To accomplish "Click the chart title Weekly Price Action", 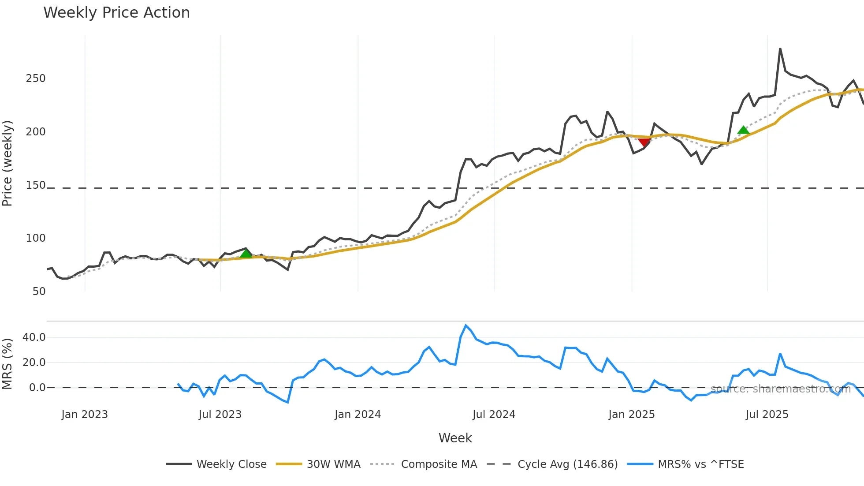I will (x=116, y=13).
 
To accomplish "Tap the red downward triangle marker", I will (x=644, y=142).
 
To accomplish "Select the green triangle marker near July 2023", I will (x=246, y=253).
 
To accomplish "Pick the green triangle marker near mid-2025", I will (x=743, y=130).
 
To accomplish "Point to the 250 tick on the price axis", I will (x=36, y=79).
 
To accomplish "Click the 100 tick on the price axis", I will (x=36, y=238).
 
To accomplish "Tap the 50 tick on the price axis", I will (x=39, y=292).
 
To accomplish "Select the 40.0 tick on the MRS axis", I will (x=34, y=337).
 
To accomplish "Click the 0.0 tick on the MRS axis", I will (x=37, y=388).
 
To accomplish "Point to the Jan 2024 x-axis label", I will (x=358, y=415).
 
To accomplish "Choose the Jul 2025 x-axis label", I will (x=767, y=415).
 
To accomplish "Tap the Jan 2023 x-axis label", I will (x=85, y=415).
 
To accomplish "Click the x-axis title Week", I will (x=455, y=438).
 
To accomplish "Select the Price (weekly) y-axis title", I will (x=7, y=163).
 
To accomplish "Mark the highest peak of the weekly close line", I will (x=780, y=49).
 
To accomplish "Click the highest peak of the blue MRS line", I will (x=466, y=325).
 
